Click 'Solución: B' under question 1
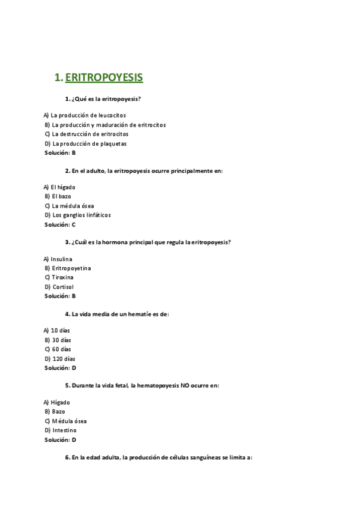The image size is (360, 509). point(60,153)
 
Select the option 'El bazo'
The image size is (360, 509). point(62,196)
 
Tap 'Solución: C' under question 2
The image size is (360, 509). point(60,224)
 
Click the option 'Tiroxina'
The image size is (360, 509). point(62,278)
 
